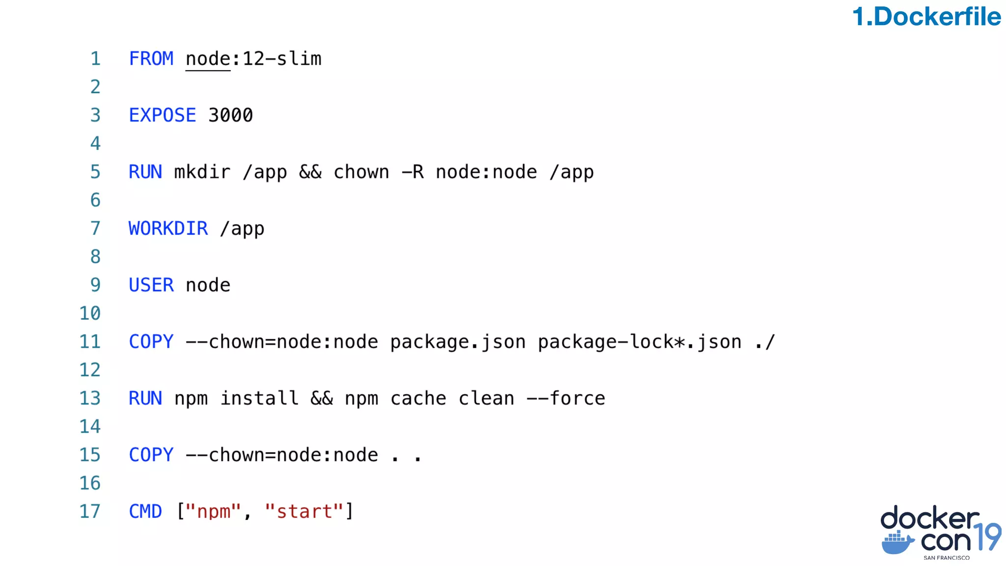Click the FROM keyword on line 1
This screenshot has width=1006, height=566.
click(x=151, y=59)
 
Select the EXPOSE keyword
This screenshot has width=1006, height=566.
click(x=162, y=115)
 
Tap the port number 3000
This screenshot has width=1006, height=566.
click(x=230, y=115)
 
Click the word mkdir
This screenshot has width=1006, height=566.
click(x=202, y=172)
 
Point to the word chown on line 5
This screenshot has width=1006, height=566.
click(x=361, y=172)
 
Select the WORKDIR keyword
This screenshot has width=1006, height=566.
click(x=168, y=228)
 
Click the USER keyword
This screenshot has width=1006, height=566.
click(x=151, y=285)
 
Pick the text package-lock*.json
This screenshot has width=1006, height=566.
click(x=640, y=342)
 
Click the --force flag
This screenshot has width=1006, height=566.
click(x=565, y=398)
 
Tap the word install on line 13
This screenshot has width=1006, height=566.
click(x=259, y=398)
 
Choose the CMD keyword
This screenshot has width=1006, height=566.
click(x=145, y=511)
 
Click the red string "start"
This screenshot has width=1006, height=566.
click(x=304, y=511)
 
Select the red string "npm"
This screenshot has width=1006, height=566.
click(x=213, y=511)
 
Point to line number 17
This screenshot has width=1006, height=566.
click(x=90, y=511)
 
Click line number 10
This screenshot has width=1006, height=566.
click(x=90, y=313)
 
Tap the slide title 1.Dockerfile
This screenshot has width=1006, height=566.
click(x=926, y=17)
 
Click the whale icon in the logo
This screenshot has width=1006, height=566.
click(x=897, y=542)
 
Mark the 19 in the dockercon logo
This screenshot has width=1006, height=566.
click(x=987, y=537)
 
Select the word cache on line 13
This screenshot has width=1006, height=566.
click(x=418, y=398)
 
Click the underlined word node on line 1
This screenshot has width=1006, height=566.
click(x=208, y=59)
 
